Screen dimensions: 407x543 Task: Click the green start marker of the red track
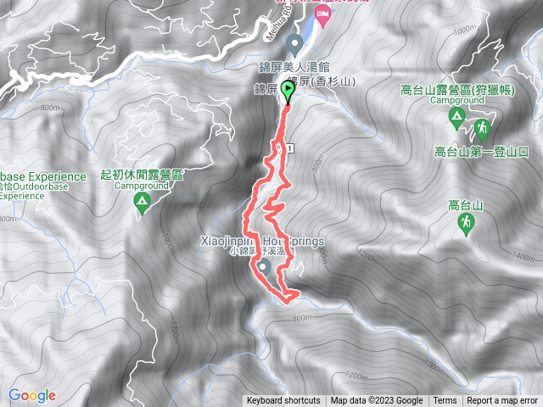tap(288, 91)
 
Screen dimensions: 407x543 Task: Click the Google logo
tap(31, 395)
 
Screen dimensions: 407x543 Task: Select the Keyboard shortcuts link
tap(283, 401)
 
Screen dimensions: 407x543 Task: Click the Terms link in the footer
tap(445, 401)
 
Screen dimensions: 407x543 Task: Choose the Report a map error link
tap(502, 401)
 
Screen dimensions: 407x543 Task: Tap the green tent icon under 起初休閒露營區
tap(142, 202)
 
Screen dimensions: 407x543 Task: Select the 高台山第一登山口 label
tap(481, 152)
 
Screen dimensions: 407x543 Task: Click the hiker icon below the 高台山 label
tap(466, 223)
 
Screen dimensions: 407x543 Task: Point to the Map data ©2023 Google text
tap(377, 401)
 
